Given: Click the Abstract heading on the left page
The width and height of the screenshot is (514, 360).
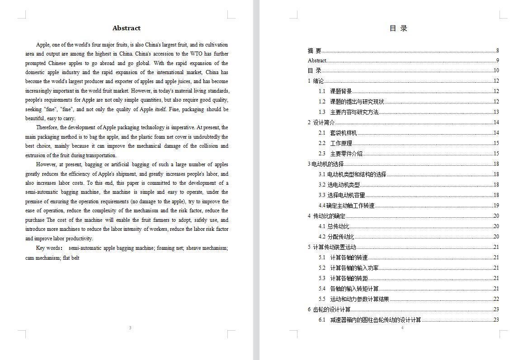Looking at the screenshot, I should tap(127, 28).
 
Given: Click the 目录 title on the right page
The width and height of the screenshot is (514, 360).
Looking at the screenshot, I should tap(398, 28).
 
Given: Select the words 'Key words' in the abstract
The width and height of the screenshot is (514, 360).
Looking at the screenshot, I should tap(48, 248).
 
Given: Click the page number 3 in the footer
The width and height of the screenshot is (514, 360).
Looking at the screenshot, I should tap(130, 327).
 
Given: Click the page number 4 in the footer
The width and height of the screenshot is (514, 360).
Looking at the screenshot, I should tap(402, 327).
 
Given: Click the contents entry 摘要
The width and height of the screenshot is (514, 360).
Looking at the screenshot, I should tap(315, 51).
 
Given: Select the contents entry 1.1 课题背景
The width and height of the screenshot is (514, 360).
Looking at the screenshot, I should tap(335, 91).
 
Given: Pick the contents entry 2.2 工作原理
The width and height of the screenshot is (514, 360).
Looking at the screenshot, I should tap(335, 143).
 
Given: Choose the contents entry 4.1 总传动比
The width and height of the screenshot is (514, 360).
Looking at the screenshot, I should tap(334, 226).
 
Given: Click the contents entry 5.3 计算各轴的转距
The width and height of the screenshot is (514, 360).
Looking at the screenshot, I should tap(343, 278).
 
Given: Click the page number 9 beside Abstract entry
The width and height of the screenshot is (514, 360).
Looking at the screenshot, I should tap(497, 61).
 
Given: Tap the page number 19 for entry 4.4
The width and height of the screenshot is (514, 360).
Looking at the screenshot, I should tap(496, 206).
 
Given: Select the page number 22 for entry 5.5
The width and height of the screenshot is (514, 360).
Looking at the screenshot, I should tap(496, 299).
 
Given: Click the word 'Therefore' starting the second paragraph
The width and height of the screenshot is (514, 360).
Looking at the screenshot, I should tap(47, 128).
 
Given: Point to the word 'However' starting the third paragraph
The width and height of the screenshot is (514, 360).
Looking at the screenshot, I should tap(46, 165).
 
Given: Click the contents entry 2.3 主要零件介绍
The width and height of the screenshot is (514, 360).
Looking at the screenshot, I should tap(340, 154).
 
